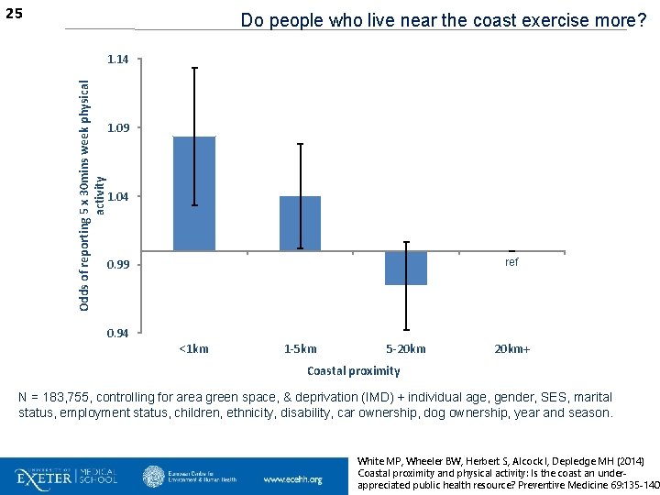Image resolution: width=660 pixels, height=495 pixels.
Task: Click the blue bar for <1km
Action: (x=194, y=193)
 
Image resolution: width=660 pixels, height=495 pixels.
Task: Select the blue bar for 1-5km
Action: (x=300, y=224)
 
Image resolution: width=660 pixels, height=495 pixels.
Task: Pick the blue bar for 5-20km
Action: (x=406, y=268)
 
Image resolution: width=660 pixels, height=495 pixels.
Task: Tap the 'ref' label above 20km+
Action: (x=511, y=262)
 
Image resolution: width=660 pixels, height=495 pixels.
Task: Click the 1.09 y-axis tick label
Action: (x=118, y=127)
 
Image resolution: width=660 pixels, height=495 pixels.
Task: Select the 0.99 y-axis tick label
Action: (x=118, y=265)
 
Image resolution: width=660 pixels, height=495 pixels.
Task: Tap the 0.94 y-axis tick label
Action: (x=118, y=334)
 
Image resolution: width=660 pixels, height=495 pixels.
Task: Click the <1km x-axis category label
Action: (x=194, y=349)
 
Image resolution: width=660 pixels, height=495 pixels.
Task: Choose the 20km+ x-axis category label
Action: (x=512, y=349)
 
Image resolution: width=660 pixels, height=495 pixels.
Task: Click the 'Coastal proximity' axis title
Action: (x=354, y=371)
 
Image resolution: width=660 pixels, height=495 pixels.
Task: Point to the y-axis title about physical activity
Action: (x=91, y=196)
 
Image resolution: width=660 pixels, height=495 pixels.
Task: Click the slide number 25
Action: (x=14, y=14)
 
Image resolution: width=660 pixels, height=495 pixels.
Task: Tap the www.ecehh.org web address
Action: (x=293, y=479)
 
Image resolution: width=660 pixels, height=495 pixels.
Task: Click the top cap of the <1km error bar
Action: (x=195, y=68)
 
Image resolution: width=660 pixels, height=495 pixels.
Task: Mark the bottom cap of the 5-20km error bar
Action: (x=406, y=330)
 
